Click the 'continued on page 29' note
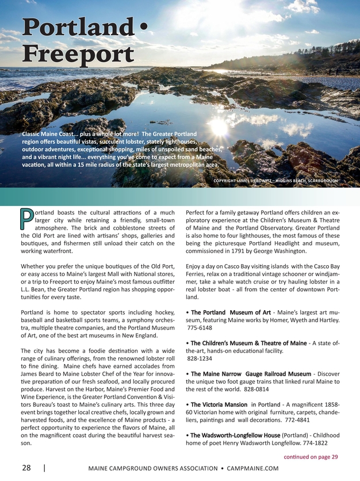[x=311, y=456]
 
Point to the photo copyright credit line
[x=275, y=181]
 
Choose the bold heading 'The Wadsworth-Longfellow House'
[x=235, y=435]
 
